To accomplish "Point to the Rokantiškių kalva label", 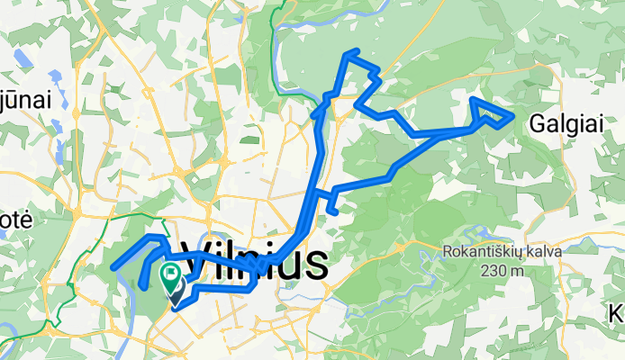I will (x=502, y=252).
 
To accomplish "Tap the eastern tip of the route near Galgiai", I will (x=513, y=117).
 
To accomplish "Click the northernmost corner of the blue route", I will (x=358, y=51).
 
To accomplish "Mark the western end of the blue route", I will (x=113, y=266).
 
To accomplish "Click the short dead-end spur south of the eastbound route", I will (x=335, y=212).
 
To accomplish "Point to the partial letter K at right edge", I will (x=618, y=314).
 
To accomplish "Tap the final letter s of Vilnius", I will (x=314, y=263).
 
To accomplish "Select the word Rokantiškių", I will (x=483, y=252).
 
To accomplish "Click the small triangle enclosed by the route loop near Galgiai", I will (x=488, y=112).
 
